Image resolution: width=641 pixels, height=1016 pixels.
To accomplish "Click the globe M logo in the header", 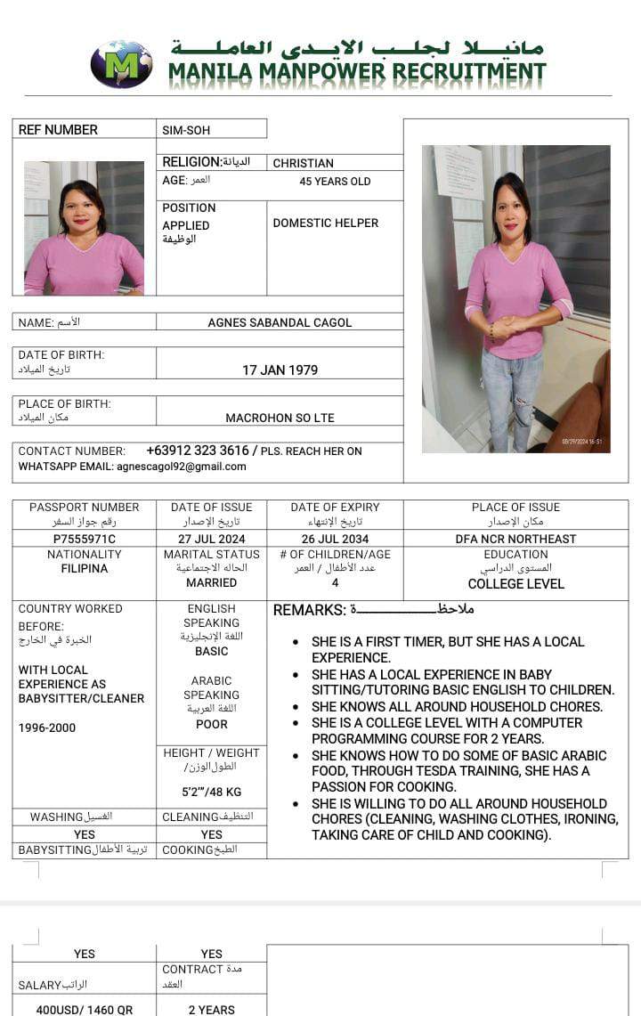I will coord(121,63).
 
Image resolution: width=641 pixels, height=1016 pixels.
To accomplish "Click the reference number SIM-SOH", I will coord(186,130).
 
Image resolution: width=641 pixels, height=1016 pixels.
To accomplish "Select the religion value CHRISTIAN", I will coord(303,164).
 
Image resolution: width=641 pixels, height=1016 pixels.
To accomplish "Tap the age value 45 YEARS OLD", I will coord(335,182).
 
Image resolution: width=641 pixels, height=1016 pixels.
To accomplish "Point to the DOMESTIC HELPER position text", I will coord(325,223).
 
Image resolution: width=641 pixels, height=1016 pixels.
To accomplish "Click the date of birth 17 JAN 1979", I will coord(280,370).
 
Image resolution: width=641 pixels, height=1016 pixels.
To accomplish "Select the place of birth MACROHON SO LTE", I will coord(280,418).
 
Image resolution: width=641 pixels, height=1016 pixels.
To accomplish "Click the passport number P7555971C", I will coord(84,539).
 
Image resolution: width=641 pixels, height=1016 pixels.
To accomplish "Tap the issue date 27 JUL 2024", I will coord(211,539).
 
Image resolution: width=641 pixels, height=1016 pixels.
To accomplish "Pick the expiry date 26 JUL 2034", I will coord(335,539).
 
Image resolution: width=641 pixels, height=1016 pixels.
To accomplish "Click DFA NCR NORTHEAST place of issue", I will coord(515,539).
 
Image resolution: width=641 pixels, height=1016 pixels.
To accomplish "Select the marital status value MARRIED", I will coord(211,582).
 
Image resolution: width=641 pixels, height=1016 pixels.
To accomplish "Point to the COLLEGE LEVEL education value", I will coord(515,584).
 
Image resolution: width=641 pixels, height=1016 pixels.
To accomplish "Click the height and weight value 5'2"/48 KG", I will coord(211,792).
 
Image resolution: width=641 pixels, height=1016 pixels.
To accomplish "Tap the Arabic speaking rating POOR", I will coord(211,724).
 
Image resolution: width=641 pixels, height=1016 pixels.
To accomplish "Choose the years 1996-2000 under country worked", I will coord(47,728).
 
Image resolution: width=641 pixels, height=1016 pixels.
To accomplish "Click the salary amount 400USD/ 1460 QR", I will coord(84,1010).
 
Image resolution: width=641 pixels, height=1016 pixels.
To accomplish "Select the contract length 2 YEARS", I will coord(211,1010).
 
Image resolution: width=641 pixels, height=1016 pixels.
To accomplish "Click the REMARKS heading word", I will coord(309,610).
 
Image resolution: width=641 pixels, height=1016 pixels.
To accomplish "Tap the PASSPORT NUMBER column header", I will coord(84,507).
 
